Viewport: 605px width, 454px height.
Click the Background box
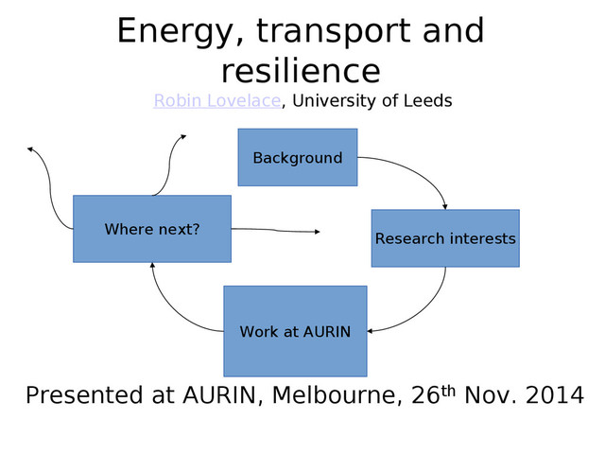coord(297,158)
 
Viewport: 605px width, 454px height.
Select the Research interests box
coord(444,238)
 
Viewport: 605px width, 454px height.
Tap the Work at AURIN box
coord(295,331)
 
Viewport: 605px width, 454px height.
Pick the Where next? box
coord(152,229)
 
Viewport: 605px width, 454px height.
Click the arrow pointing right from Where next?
coord(279,230)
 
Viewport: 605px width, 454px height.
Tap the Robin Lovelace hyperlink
coord(216,100)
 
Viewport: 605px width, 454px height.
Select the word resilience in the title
coord(301,71)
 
